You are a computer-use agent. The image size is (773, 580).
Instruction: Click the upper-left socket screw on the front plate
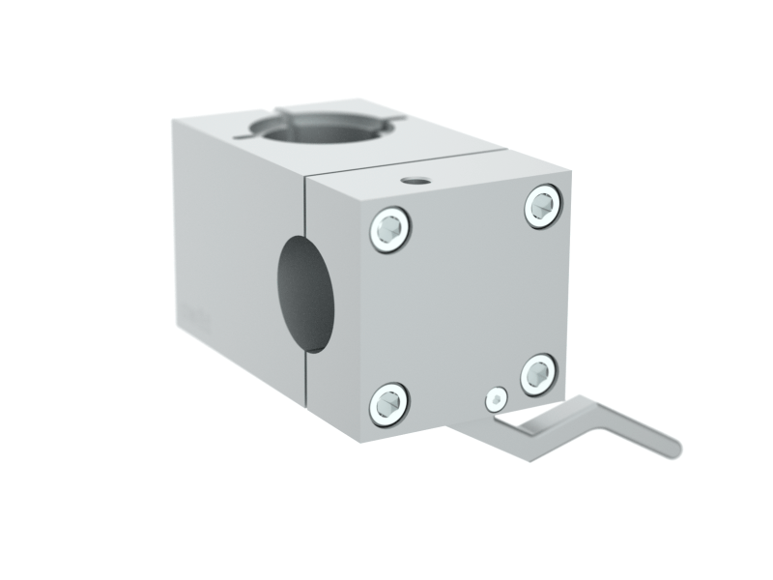pos(390,230)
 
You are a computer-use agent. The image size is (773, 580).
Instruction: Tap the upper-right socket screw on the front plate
pos(543,207)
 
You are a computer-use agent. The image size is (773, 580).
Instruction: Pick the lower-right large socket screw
pos(538,374)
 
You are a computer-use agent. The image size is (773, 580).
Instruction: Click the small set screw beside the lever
pos(497,400)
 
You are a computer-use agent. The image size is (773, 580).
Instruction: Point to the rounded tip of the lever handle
pos(672,449)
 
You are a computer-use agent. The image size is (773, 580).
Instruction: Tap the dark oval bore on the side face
pos(305,293)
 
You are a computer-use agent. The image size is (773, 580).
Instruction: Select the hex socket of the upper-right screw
pos(543,207)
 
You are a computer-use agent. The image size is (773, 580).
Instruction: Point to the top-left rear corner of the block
pos(175,121)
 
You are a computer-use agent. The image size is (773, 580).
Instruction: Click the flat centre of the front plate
pos(464,304)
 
